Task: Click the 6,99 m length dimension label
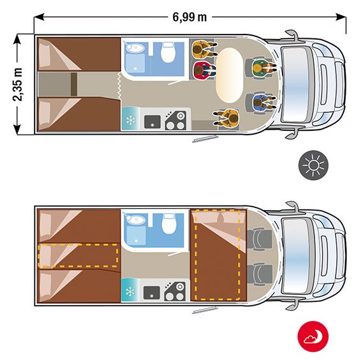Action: (189, 17)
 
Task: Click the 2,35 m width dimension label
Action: (18, 84)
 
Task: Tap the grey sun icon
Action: (313, 165)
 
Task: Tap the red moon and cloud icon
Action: (313, 336)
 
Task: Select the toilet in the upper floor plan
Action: (168, 52)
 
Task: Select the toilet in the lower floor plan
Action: (169, 224)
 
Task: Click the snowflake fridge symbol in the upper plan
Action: (131, 121)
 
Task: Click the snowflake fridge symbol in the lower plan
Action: (130, 292)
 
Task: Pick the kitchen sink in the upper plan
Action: (152, 122)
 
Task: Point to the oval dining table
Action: (229, 75)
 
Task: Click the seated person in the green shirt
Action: (263, 67)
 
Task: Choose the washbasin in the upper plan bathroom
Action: (135, 48)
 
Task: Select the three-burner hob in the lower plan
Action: (175, 292)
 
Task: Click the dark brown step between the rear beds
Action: (74, 84)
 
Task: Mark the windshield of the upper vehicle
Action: (295, 84)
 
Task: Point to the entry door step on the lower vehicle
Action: (205, 310)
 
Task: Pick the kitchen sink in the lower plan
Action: (152, 292)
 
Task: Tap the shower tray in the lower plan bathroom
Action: (137, 235)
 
